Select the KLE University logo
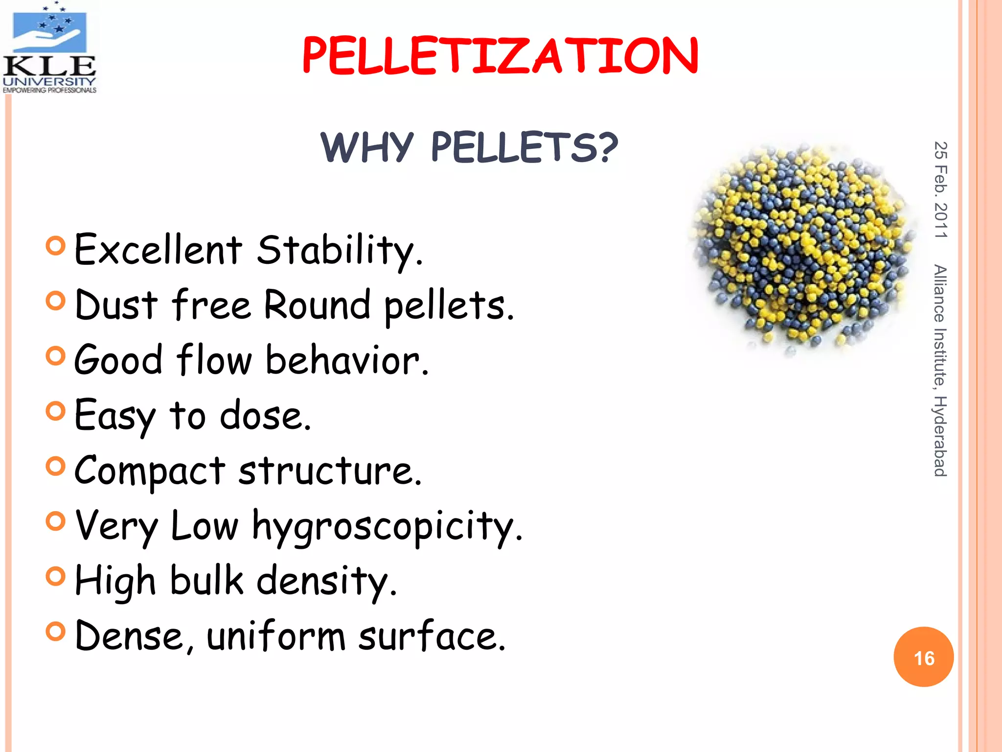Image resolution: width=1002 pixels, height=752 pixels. pos(49,47)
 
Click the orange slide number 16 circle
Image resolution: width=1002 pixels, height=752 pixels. pos(923,657)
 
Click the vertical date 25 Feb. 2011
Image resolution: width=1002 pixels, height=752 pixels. pos(940,190)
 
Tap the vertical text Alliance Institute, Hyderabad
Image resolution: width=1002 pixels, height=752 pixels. pos(940,371)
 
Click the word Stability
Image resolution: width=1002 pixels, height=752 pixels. pos(339,251)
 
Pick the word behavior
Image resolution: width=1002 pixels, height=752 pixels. pos(346,360)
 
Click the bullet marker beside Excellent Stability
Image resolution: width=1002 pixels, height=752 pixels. pos(55,246)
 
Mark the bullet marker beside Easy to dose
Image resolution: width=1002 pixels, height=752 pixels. pos(55,411)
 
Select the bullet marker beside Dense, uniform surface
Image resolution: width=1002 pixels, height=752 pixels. pos(55,631)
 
